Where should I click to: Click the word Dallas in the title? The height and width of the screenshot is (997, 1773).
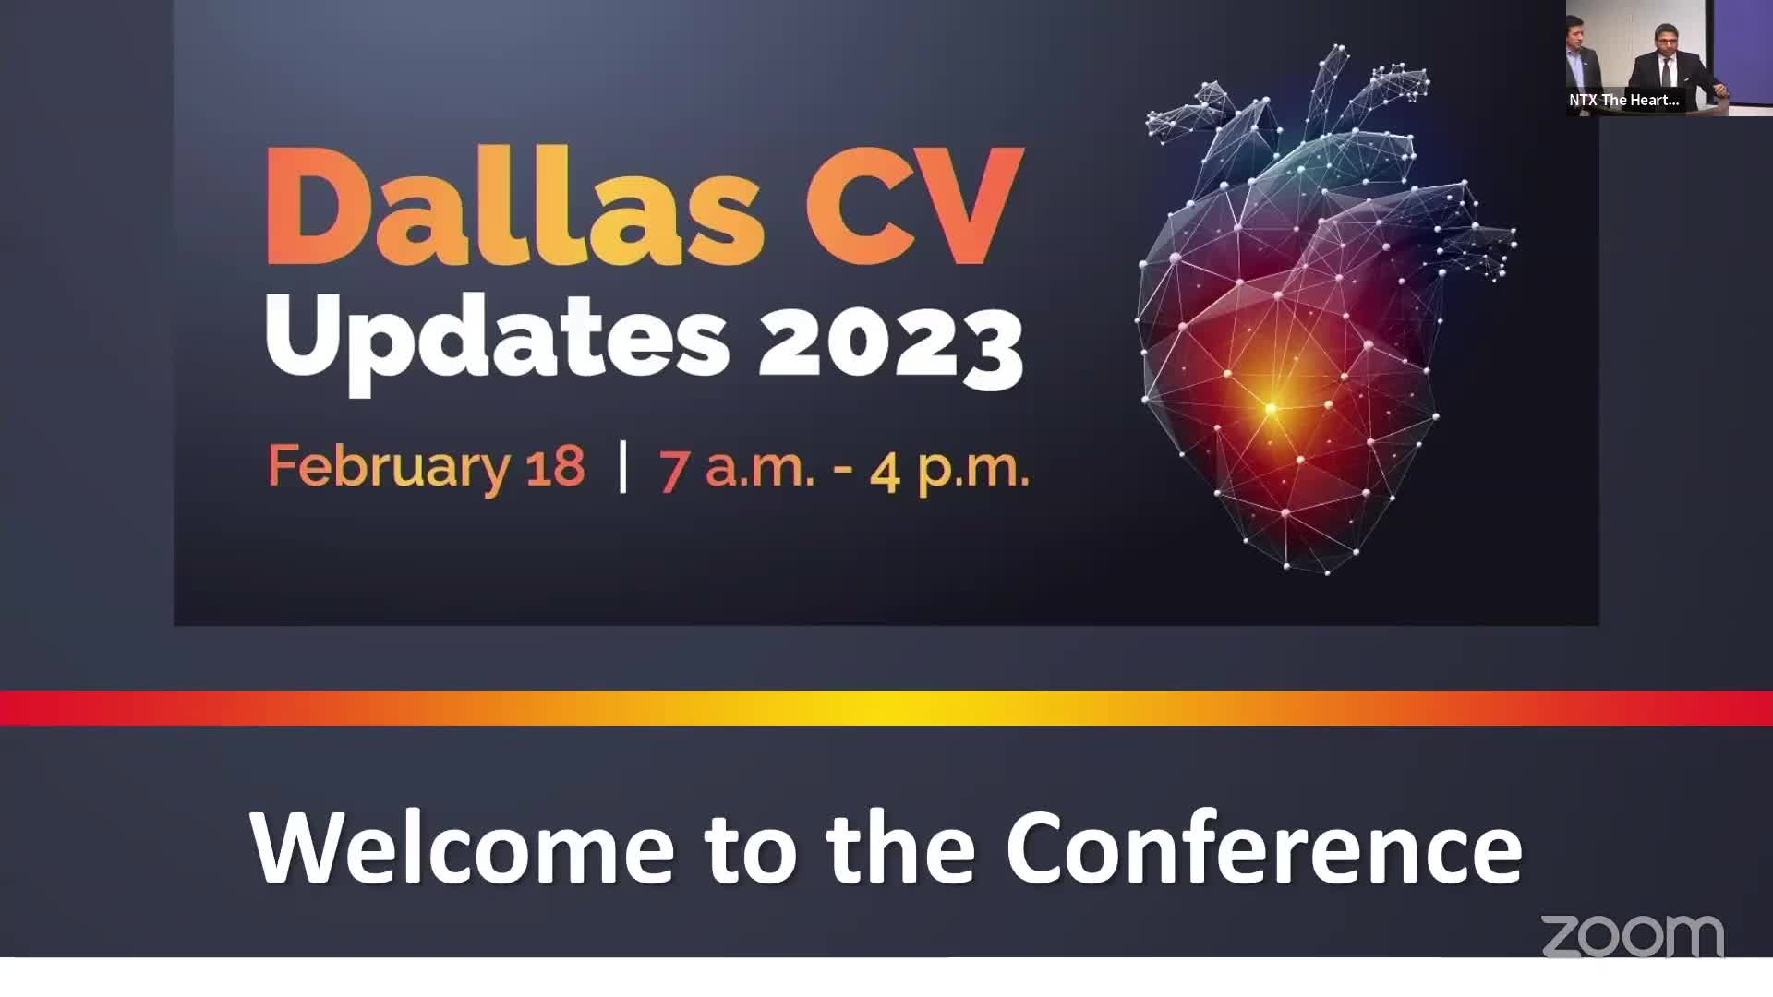tap(514, 206)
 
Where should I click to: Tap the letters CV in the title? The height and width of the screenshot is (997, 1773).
tap(915, 206)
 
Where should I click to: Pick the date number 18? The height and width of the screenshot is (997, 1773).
tap(556, 466)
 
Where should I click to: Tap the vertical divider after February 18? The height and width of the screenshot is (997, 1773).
tap(623, 467)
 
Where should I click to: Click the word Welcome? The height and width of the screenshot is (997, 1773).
tap(463, 847)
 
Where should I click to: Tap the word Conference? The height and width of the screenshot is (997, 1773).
tap(1264, 847)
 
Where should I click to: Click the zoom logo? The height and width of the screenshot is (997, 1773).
tap(1633, 936)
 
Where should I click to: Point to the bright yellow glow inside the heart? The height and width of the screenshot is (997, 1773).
tap(1272, 408)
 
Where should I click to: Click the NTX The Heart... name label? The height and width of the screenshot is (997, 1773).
tap(1624, 100)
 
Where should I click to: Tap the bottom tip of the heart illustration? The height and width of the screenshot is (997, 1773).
tap(1327, 573)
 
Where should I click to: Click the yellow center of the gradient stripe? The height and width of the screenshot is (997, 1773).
tap(882, 708)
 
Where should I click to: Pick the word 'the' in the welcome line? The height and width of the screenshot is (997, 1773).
tap(900, 847)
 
